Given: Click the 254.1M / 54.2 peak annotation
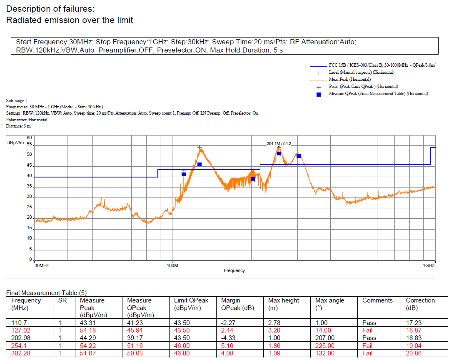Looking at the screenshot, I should point(279,144).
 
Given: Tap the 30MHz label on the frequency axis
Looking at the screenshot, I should point(42,265).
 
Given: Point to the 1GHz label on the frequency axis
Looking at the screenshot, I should point(428,265).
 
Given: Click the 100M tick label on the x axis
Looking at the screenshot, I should point(172,265).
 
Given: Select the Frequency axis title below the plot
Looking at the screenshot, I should point(234,270).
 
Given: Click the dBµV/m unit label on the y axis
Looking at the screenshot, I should point(16,142).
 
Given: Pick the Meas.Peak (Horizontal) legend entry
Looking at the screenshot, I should point(349,79).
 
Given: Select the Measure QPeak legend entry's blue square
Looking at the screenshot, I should point(319,94).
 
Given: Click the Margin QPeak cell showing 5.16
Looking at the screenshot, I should point(229,345).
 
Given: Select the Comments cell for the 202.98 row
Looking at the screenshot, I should point(369,338).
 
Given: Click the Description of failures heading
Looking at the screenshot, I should point(50,9).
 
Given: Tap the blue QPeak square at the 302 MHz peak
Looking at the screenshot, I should point(299,156).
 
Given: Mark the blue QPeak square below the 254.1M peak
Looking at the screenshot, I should point(279,154).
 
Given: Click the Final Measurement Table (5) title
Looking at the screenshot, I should point(46,293).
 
